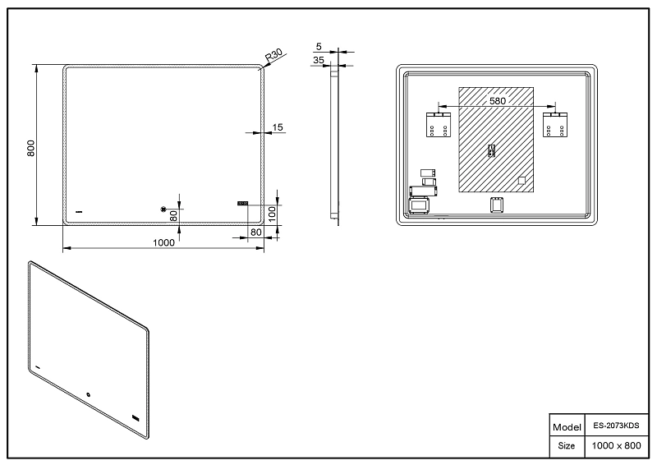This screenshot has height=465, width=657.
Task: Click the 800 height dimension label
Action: (x=30, y=149)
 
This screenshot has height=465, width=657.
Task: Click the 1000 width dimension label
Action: (x=163, y=243)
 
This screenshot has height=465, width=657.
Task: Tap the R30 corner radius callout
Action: (x=273, y=56)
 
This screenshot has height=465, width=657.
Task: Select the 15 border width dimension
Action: (x=278, y=127)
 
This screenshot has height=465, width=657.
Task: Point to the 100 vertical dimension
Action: (x=273, y=214)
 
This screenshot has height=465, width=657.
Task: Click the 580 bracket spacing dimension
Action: (x=498, y=101)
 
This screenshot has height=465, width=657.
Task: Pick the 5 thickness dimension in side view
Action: (x=319, y=47)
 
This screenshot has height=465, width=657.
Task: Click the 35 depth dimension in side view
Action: (x=319, y=60)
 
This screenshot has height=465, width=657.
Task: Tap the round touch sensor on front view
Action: (x=163, y=209)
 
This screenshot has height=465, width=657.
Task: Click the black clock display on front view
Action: (x=242, y=204)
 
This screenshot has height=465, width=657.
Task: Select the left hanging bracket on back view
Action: (x=439, y=125)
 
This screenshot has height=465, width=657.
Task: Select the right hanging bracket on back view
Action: (x=555, y=125)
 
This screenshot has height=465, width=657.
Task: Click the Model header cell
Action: (x=567, y=427)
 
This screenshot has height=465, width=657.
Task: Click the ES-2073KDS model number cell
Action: (x=616, y=426)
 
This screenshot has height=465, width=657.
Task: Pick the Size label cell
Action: (x=567, y=446)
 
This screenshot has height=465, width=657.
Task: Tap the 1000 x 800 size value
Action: (x=616, y=446)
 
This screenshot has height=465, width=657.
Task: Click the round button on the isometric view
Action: (x=89, y=394)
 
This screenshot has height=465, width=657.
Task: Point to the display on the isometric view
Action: (x=136, y=418)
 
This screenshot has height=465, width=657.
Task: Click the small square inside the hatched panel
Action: (x=521, y=181)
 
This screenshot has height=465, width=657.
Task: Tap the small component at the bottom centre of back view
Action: (x=497, y=205)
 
